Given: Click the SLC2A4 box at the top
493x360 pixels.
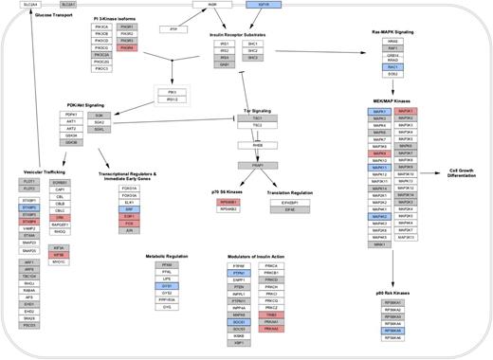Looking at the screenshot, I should (20, 6).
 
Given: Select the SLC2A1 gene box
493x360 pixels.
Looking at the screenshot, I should (43, 6).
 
